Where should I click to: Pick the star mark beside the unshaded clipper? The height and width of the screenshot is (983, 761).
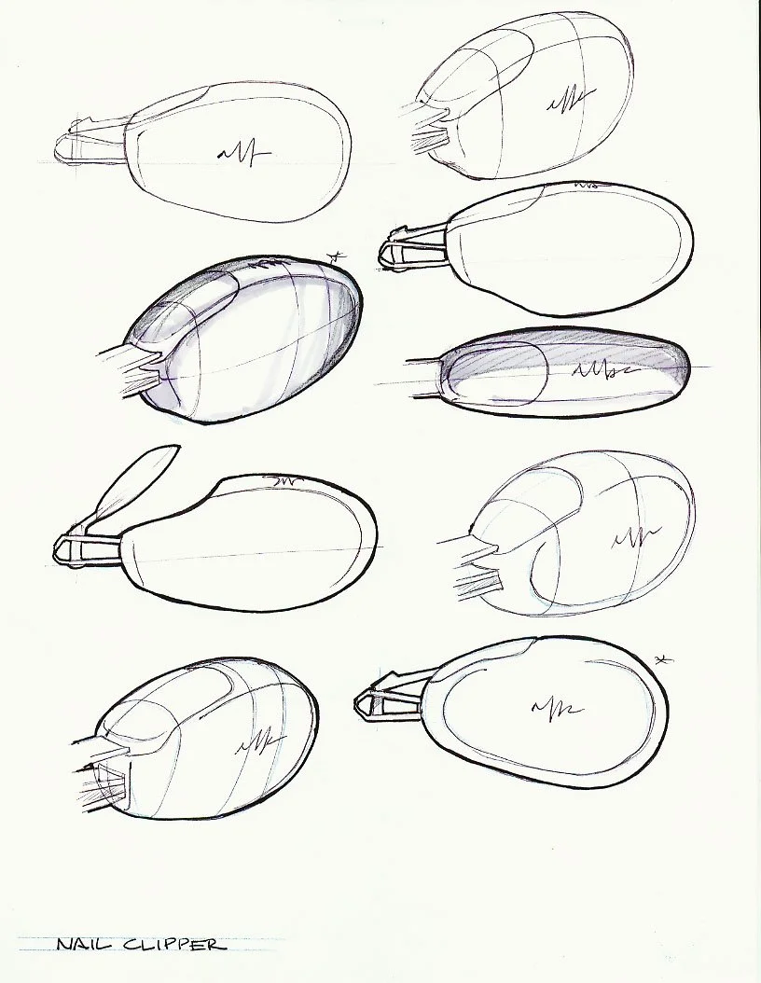coord(663,660)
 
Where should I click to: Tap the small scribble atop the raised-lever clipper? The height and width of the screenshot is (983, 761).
coord(281,481)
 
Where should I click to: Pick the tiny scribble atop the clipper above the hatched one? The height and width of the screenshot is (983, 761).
coord(587,186)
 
